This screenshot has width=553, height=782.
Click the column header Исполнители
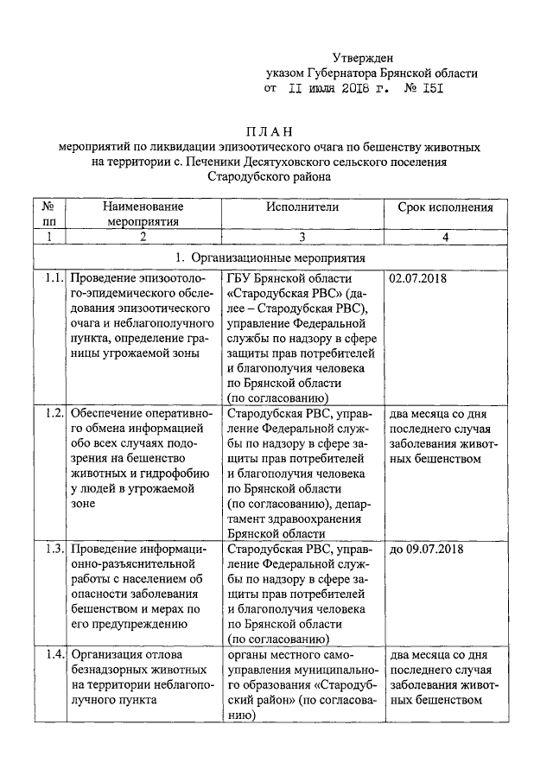point(302,207)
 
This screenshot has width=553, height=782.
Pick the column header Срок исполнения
point(445,207)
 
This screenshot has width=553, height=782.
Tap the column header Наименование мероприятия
point(143,214)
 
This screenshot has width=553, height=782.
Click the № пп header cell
point(48,214)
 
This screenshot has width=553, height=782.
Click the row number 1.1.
point(53,279)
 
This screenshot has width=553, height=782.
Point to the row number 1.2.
point(53,412)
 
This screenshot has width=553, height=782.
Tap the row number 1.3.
point(53,549)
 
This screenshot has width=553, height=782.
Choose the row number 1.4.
point(53,654)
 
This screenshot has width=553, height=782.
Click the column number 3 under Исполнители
point(302,237)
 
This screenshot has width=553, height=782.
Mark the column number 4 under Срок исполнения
point(445,237)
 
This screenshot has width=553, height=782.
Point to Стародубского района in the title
point(269,176)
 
